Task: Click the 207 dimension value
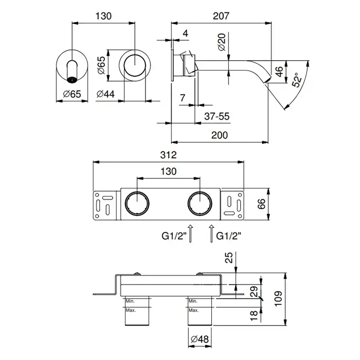tap(221, 16)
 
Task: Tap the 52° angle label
tap(297, 80)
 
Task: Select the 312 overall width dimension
tap(168, 155)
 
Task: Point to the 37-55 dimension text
tap(217, 116)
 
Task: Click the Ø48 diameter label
tap(200, 339)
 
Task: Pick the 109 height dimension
tap(278, 298)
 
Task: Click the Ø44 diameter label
tap(105, 94)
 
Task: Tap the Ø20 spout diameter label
tap(222, 42)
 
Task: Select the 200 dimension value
tap(220, 135)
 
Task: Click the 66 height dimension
tap(261, 204)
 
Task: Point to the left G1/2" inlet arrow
tap(190, 233)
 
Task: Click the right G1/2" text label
tap(229, 236)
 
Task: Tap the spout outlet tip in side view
tap(268, 80)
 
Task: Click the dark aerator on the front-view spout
tap(72, 80)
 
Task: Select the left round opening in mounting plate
tap(137, 204)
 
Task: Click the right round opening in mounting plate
tap(200, 204)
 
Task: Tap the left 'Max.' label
tap(131, 311)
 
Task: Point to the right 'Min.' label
tap(193, 301)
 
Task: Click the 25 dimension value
tap(229, 258)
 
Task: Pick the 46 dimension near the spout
tap(279, 71)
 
